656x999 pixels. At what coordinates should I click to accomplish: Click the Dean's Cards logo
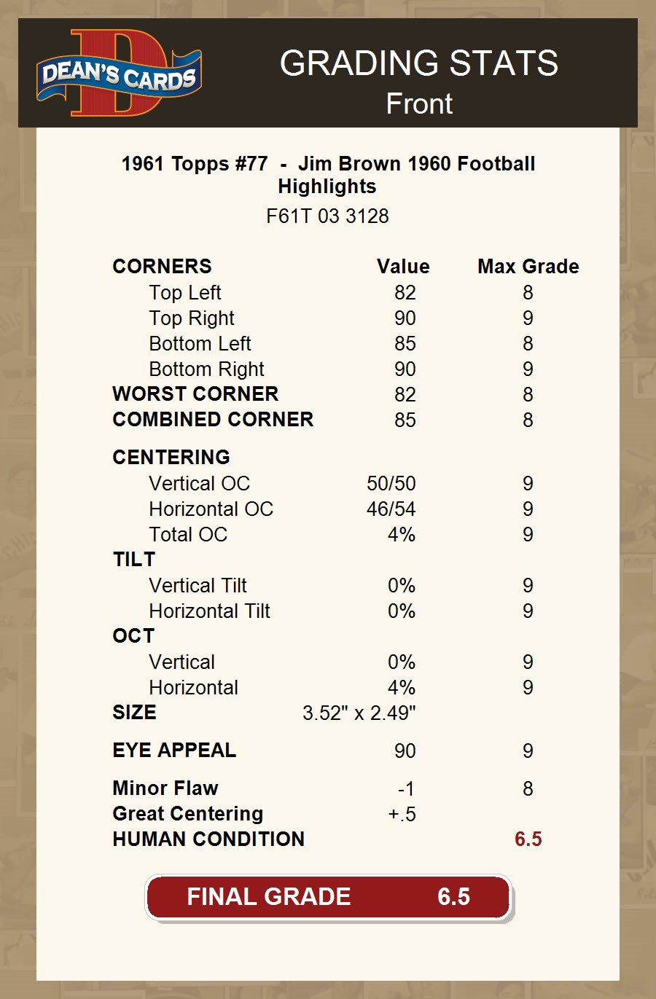(119, 74)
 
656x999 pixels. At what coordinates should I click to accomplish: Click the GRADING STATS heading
(419, 63)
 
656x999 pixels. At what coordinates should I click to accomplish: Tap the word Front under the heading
(419, 103)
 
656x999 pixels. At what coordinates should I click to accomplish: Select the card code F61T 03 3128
(327, 216)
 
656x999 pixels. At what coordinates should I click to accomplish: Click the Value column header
(403, 267)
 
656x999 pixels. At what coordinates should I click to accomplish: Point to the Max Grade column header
(528, 267)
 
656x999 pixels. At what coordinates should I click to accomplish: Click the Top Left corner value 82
(405, 293)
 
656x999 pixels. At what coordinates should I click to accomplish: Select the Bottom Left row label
(200, 344)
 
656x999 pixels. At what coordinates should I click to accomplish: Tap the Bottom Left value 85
(405, 344)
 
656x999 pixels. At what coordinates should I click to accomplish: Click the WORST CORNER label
(195, 394)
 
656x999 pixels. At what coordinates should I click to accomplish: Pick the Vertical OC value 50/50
(391, 484)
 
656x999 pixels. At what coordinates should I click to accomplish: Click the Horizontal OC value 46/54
(391, 509)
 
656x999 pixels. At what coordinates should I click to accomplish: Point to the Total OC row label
(188, 535)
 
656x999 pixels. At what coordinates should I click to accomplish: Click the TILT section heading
(134, 560)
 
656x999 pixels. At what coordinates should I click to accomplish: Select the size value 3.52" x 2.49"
(359, 713)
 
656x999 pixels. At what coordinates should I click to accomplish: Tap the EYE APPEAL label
(174, 751)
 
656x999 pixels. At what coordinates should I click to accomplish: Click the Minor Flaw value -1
(406, 789)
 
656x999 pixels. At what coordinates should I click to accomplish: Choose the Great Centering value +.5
(402, 815)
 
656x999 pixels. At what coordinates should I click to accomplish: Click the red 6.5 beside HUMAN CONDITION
(528, 839)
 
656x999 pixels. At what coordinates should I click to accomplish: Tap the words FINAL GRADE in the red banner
(268, 897)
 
